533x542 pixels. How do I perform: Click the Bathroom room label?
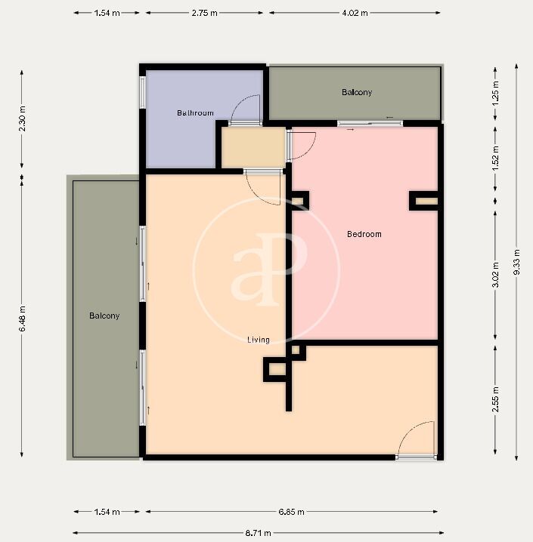point(195,113)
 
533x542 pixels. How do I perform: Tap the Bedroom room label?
point(364,234)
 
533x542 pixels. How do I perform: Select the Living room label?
point(259,340)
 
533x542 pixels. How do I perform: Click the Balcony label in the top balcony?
point(357,92)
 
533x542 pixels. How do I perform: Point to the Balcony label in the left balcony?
point(104,316)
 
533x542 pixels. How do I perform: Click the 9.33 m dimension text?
point(516,262)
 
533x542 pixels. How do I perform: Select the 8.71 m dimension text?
point(258,533)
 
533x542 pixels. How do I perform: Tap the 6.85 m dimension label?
point(291,512)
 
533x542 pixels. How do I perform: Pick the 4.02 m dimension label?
point(355,13)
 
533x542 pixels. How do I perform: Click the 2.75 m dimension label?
point(205,13)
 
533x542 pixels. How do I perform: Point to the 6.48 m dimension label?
point(22,319)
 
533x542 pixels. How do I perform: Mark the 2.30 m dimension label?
point(22,119)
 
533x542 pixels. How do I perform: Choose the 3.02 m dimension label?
point(496,275)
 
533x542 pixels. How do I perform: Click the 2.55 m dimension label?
point(496,399)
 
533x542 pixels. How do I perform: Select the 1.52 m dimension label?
point(496,158)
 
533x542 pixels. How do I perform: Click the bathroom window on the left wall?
point(142,92)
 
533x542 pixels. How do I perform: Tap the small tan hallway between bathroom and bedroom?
point(253,148)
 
